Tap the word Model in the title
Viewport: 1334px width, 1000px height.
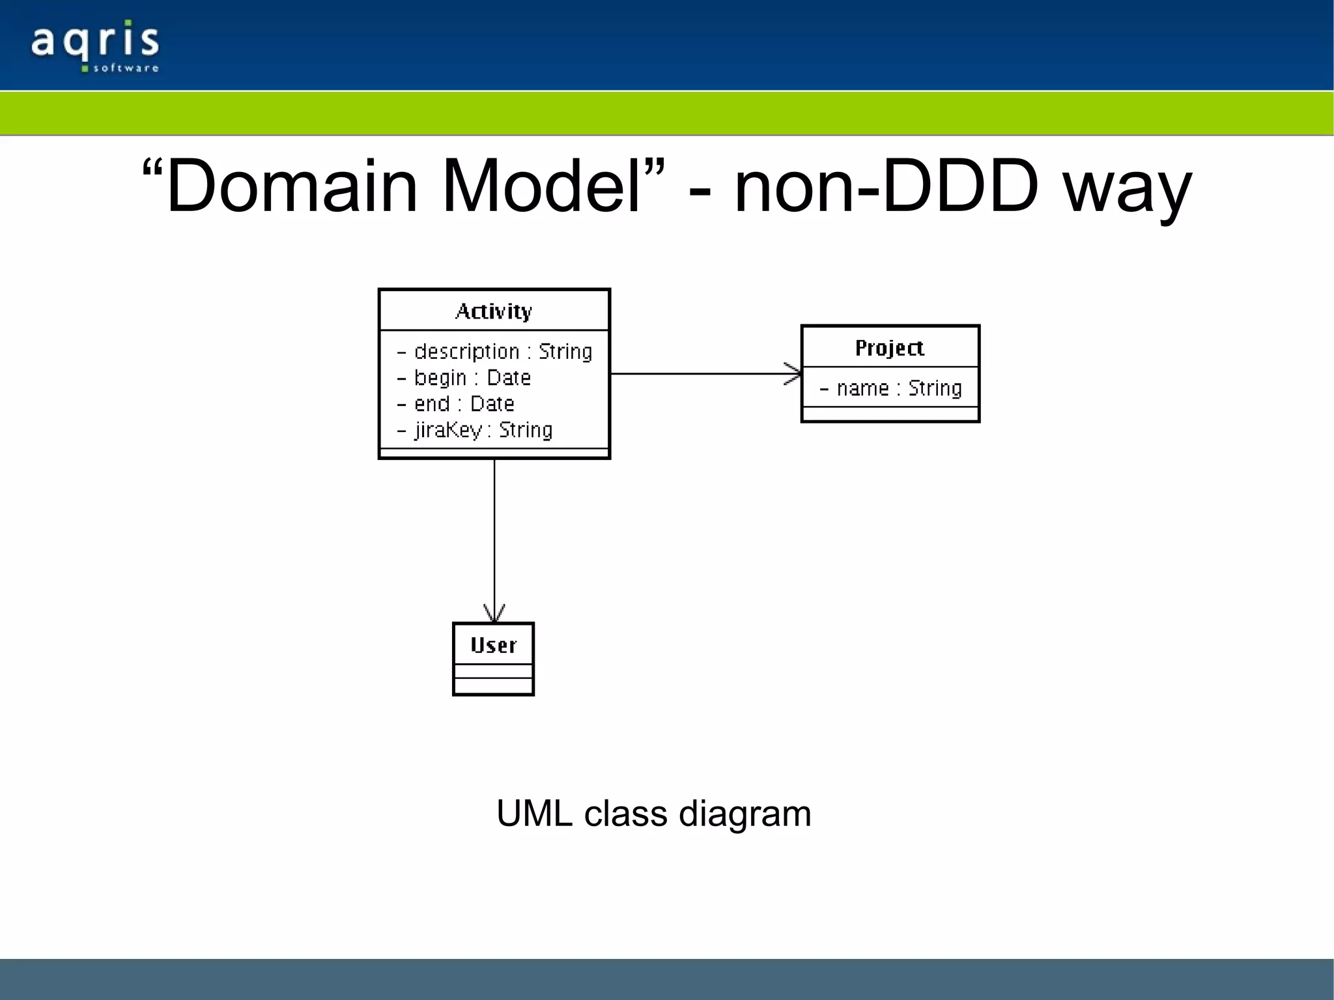[x=541, y=187]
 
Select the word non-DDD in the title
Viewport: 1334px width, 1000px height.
[x=886, y=187]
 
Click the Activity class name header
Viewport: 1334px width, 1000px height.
[x=494, y=311]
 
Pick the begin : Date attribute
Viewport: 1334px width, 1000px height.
[x=464, y=378]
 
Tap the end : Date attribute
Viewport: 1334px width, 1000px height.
[x=456, y=404]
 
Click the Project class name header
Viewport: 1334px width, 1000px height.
[x=890, y=347]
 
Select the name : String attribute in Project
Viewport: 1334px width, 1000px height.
[x=890, y=388]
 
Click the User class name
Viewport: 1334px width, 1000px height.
[x=493, y=645]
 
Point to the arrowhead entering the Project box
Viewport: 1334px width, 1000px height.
[x=794, y=374]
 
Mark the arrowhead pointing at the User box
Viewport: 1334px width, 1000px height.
[x=494, y=614]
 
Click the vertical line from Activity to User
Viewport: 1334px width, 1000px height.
[x=494, y=534]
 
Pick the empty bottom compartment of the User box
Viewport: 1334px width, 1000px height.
[x=493, y=686]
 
